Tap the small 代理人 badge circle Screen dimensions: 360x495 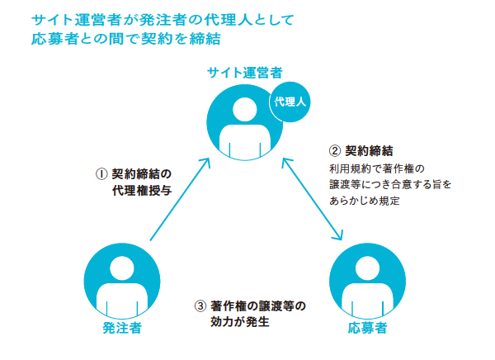tap(290, 102)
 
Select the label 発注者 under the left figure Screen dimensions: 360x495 tap(121, 328)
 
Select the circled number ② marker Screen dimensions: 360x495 tap(334, 151)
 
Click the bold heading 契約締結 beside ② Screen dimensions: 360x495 tap(369, 151)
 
